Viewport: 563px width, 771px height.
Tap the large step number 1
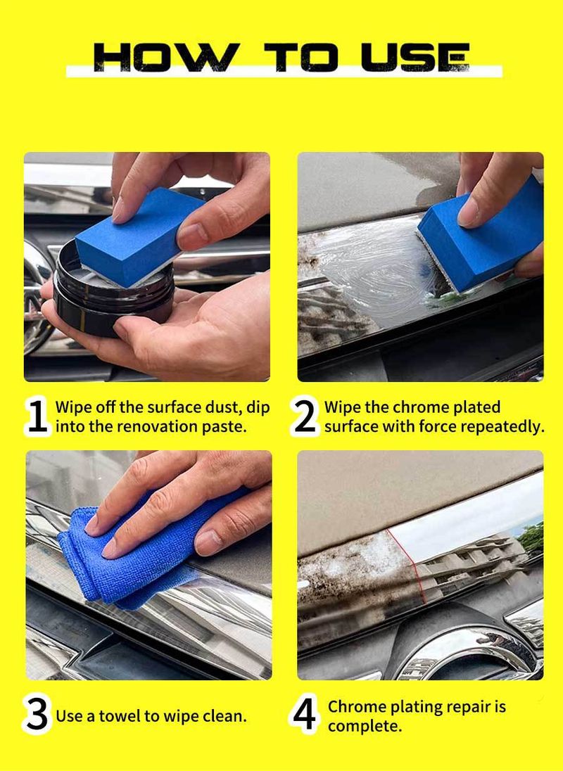(x=38, y=417)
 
